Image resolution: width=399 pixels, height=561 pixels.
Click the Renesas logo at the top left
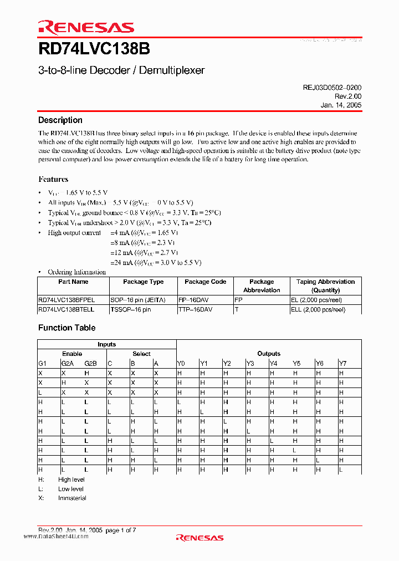86,28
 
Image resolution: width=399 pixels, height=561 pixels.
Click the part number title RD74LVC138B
94,49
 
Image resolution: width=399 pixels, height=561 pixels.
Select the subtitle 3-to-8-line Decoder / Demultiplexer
121,70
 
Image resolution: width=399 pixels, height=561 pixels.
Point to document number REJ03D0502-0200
332,88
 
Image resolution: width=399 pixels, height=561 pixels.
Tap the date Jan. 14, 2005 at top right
341,105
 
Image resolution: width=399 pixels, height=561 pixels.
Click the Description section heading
60,120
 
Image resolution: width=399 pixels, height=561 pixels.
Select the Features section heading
53,179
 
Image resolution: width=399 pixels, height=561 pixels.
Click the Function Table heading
66,328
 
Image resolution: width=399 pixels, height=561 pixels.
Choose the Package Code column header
205,282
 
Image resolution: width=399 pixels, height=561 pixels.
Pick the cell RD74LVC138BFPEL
66,299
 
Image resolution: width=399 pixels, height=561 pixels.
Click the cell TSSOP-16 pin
131,310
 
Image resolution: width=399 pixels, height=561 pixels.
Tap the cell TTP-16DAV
197,310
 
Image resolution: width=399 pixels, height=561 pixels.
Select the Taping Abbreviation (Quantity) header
325,285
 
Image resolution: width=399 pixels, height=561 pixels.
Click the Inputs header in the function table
106,344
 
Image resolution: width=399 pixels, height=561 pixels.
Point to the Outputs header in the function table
269,354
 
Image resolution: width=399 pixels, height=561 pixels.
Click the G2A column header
67,364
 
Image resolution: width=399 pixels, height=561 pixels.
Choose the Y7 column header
342,364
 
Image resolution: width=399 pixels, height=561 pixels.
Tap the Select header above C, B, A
141,354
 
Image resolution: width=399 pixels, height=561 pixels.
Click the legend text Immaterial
72,498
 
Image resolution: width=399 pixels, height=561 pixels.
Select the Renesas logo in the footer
199,537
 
